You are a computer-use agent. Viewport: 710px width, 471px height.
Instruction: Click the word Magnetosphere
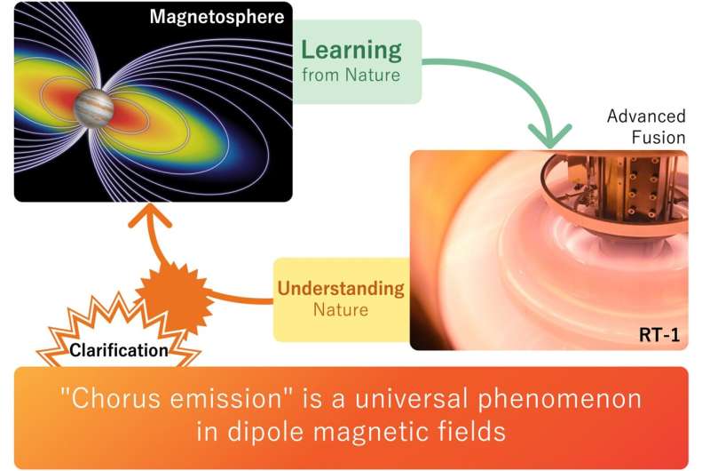217,17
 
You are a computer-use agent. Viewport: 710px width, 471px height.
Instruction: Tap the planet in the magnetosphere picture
93,107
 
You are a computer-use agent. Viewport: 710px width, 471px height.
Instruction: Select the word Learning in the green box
351,51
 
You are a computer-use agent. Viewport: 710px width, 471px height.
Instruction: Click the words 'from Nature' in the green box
351,75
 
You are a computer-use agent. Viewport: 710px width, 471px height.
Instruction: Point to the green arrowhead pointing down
549,136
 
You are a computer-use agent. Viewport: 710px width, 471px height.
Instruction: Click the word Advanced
646,116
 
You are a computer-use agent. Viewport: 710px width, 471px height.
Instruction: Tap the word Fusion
659,137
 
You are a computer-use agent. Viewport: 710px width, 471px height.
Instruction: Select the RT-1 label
659,334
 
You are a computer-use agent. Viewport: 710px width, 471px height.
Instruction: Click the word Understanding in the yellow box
341,288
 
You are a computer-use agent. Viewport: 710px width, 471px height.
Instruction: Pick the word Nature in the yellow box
341,309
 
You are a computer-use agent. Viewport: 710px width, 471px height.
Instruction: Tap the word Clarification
119,350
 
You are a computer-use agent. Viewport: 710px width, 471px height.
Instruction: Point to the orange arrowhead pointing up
149,214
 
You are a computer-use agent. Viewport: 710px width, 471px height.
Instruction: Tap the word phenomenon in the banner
560,400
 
